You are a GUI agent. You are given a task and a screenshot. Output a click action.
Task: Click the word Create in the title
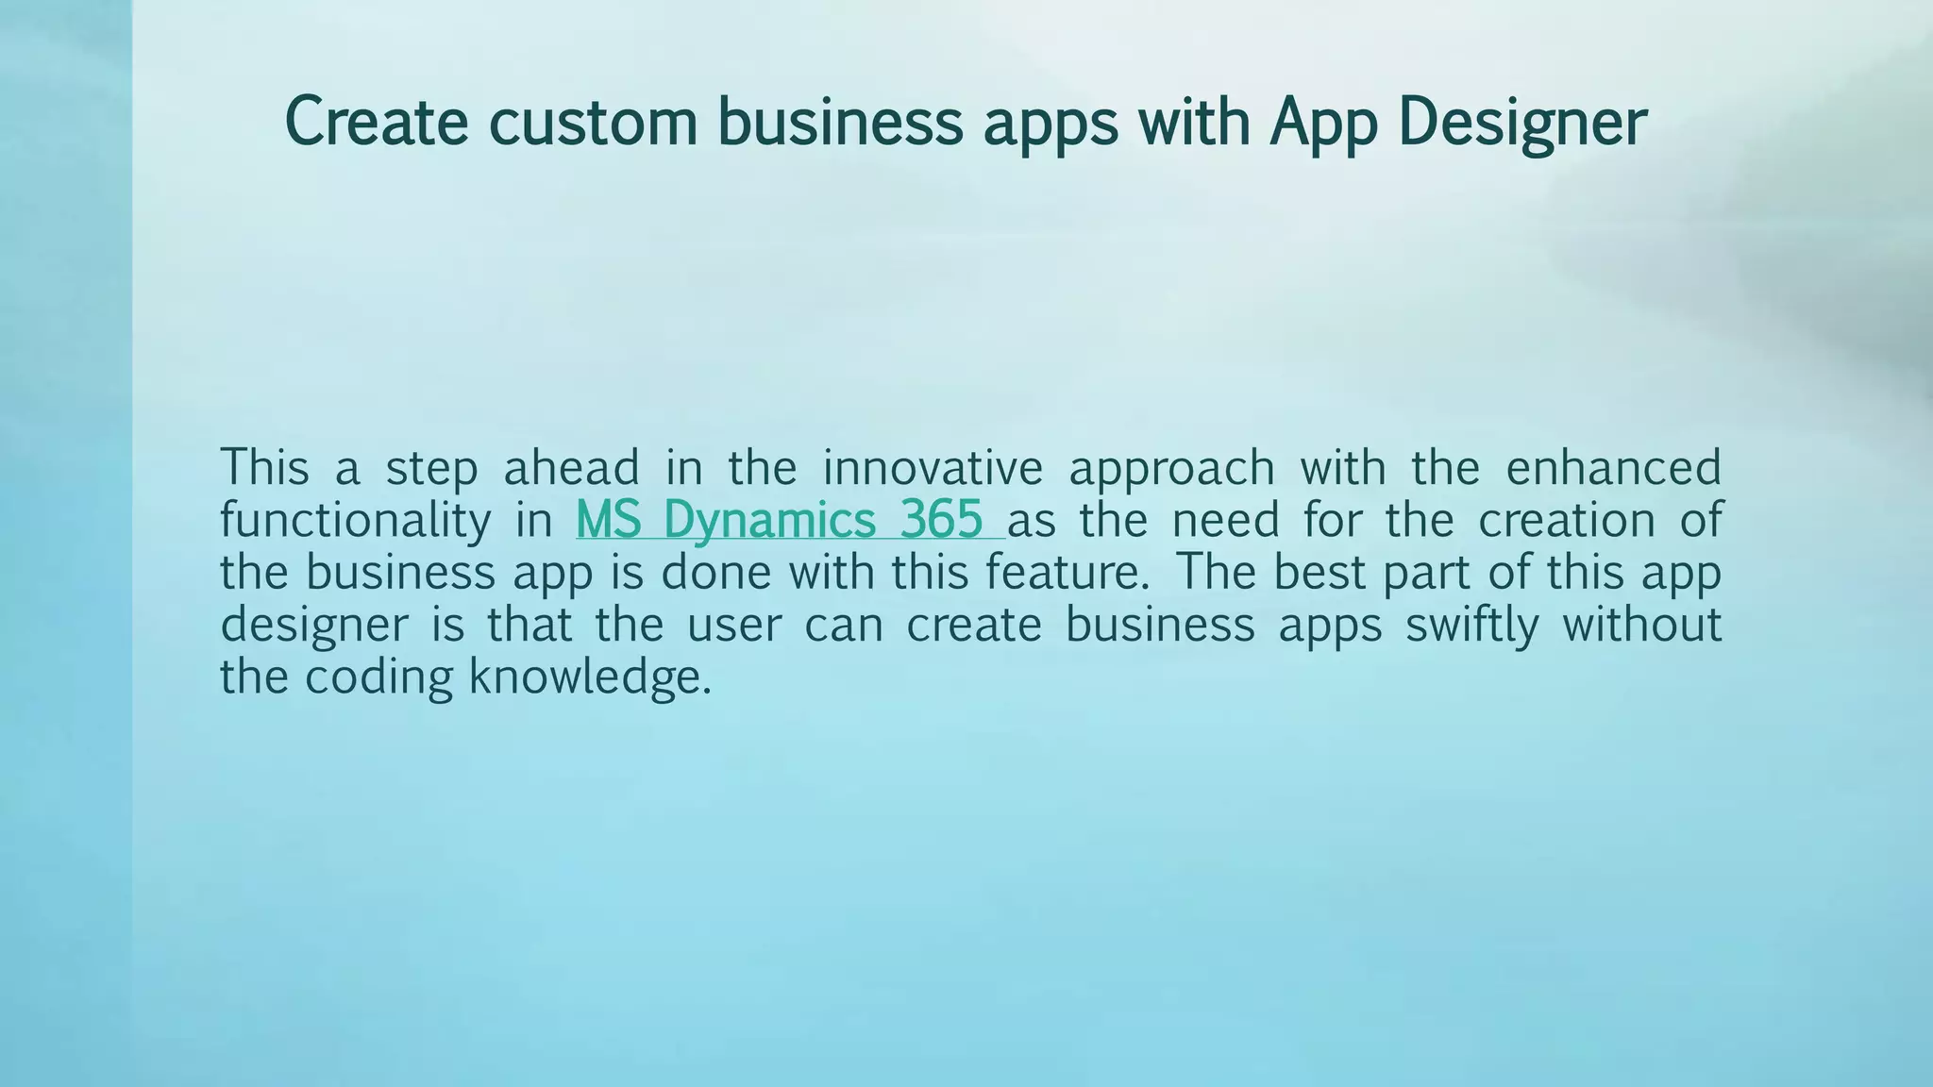coord(376,122)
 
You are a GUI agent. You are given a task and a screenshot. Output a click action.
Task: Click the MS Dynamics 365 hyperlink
coord(780,520)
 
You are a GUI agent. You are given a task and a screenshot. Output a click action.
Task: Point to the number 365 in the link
coord(941,520)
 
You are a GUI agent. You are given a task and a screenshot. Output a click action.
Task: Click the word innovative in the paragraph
coord(933,467)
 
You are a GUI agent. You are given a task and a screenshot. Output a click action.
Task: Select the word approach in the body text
coord(1171,469)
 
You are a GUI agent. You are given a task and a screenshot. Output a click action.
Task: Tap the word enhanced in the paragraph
coord(1613,467)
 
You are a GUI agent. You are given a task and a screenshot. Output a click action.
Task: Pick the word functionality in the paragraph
coord(355,521)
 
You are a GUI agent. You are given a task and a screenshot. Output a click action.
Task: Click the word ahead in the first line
coord(571,467)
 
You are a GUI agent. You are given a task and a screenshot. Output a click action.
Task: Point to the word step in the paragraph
coord(431,469)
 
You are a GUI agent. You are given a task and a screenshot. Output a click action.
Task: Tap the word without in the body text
coord(1642,625)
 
